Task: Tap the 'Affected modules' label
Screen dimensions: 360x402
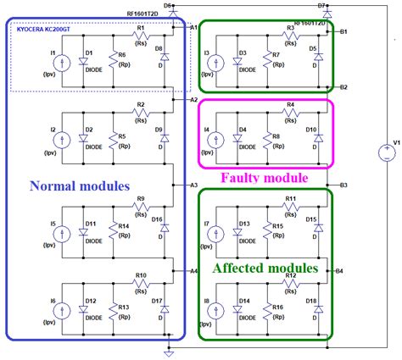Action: click(265, 268)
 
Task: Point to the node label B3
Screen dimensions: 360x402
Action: click(343, 185)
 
